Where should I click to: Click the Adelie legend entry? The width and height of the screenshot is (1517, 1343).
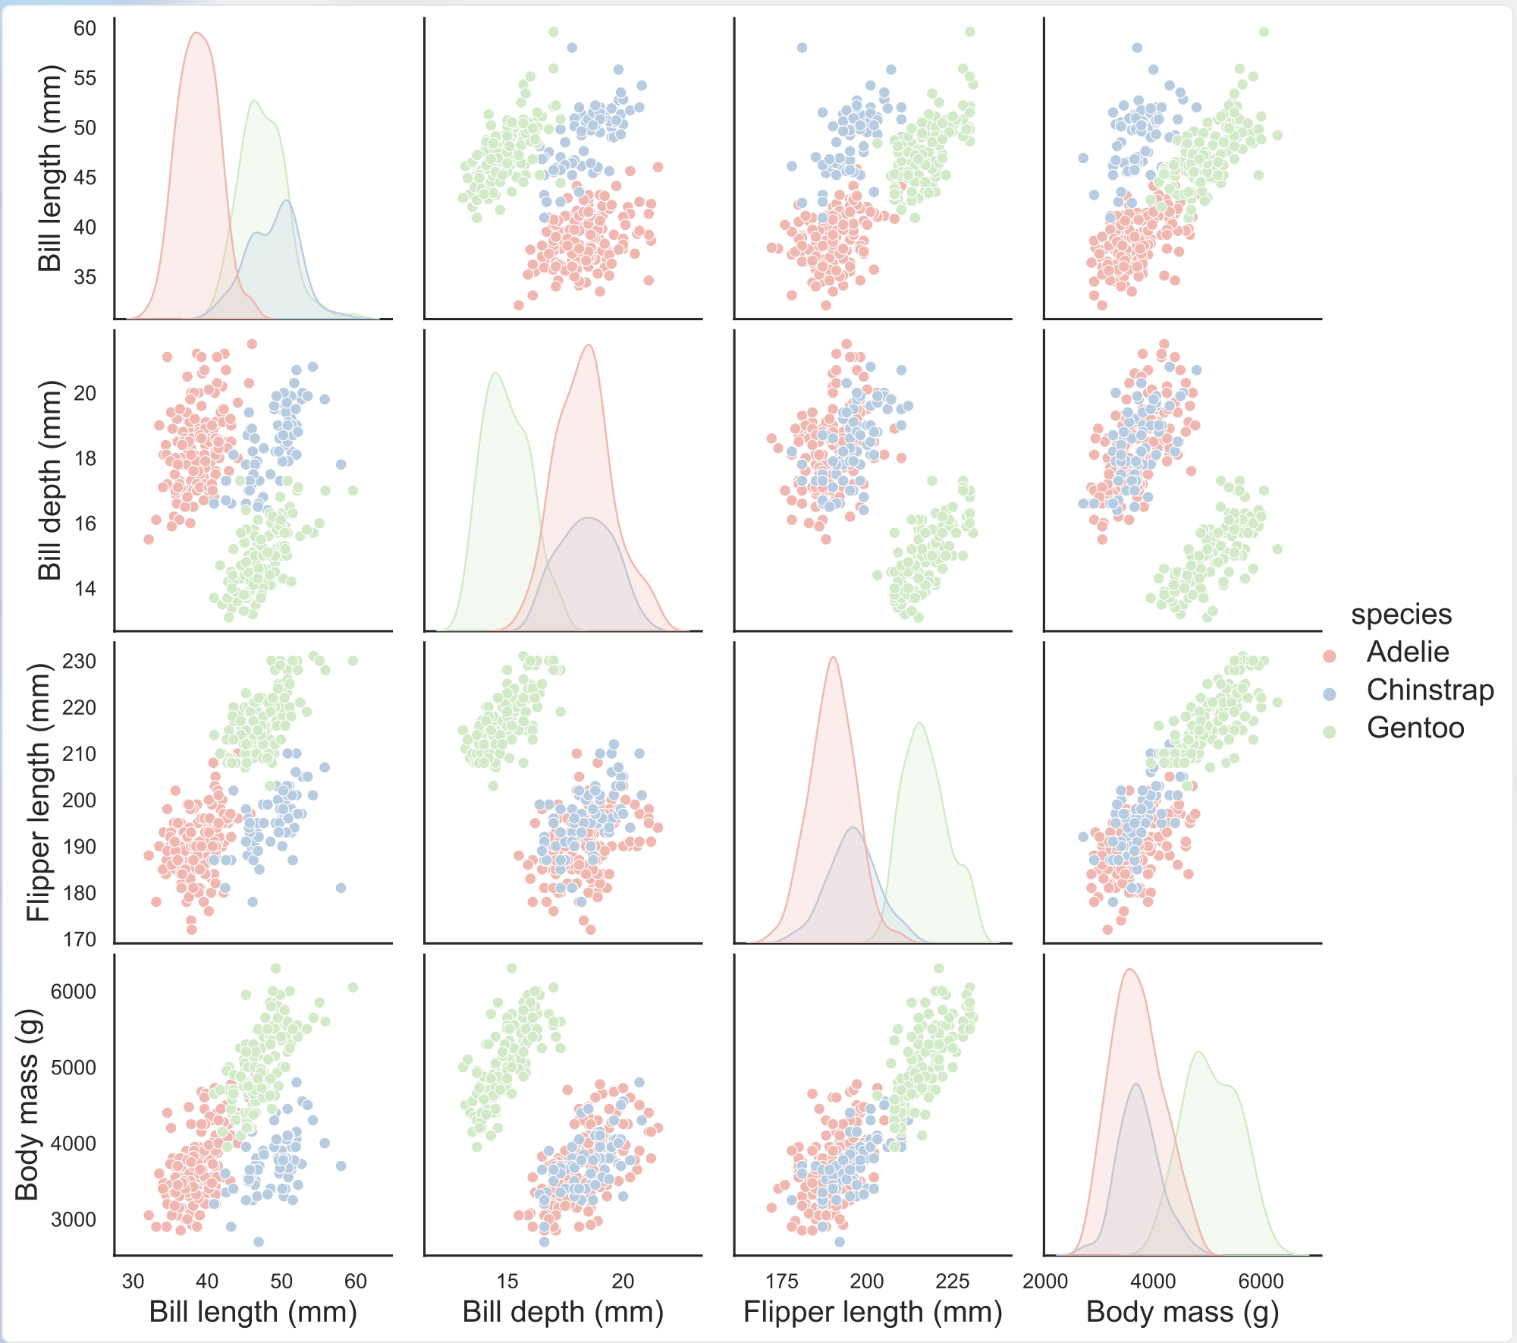point(1407,653)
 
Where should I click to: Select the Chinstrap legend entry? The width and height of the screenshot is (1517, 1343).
point(1429,690)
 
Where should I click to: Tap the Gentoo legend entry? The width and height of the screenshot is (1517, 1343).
point(1415,728)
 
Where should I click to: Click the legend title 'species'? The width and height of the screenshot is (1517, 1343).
point(1401,615)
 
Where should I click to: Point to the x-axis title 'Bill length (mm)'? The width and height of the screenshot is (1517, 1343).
point(253,1312)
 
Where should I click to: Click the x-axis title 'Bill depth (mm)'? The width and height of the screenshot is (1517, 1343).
point(563,1312)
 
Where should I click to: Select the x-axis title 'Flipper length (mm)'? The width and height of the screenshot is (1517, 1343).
point(872,1312)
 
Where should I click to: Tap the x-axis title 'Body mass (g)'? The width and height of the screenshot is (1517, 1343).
point(1182,1312)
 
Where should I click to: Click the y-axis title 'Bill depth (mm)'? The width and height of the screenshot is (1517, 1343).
point(49,480)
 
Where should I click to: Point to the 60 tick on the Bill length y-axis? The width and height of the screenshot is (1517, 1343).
point(85,29)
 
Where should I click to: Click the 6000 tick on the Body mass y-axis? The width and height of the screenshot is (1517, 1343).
point(74,992)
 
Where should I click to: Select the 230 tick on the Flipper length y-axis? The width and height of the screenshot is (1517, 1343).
point(80,662)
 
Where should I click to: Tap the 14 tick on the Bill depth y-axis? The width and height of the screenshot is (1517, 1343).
point(85,589)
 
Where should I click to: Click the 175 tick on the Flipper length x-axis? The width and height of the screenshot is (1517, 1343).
point(782,1282)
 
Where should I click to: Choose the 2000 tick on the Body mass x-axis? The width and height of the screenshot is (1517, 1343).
point(1045,1282)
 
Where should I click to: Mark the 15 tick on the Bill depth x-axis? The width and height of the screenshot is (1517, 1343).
point(507,1282)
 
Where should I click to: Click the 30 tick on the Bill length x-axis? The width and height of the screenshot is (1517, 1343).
point(133,1282)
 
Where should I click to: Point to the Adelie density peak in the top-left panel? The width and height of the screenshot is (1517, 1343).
point(196,33)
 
